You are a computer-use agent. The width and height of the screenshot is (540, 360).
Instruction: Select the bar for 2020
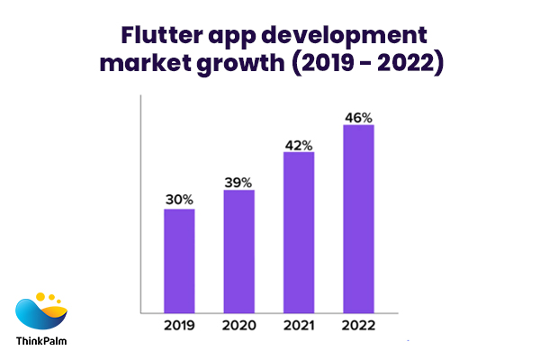(238, 251)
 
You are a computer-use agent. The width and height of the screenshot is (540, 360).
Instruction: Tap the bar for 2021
(299, 232)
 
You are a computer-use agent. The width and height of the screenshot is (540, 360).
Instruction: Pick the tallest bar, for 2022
(358, 219)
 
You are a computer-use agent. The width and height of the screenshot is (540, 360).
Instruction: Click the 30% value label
(179, 200)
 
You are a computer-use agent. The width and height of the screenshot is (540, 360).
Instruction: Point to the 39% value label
(238, 181)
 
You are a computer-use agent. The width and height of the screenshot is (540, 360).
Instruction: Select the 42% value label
(299, 144)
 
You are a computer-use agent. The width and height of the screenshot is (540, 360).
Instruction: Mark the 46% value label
(358, 117)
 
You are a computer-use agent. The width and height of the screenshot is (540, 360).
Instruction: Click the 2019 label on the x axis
(179, 325)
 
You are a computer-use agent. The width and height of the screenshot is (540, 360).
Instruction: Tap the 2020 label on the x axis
(238, 325)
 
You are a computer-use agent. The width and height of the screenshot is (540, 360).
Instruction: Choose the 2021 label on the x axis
(299, 325)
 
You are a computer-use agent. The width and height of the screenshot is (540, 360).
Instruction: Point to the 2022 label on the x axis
(358, 325)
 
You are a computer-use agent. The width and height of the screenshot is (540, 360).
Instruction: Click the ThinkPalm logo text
(40, 341)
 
